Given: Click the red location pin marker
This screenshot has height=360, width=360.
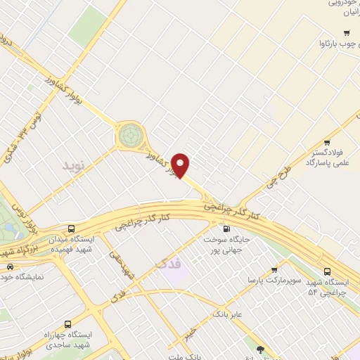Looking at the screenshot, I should point(181,165).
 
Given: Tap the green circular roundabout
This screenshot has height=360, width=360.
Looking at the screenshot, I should point(130,135).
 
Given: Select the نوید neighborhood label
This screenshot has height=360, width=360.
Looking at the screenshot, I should point(73,166).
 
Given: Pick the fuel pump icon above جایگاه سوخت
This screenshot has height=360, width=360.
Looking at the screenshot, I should point(226,229).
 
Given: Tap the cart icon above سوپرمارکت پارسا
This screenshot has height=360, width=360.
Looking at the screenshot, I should point(274,269).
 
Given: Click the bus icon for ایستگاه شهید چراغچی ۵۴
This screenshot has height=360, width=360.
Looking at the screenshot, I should point(328,271).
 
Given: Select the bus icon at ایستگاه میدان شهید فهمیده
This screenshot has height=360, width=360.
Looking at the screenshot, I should point(71,229).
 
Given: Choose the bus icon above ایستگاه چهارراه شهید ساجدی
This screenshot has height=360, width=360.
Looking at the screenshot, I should point(67,325).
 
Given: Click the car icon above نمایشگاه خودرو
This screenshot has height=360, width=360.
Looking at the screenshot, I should point(10,266).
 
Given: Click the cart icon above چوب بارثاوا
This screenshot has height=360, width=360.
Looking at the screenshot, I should point(346,33).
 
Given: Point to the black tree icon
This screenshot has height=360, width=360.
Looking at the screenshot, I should point(261,349).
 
